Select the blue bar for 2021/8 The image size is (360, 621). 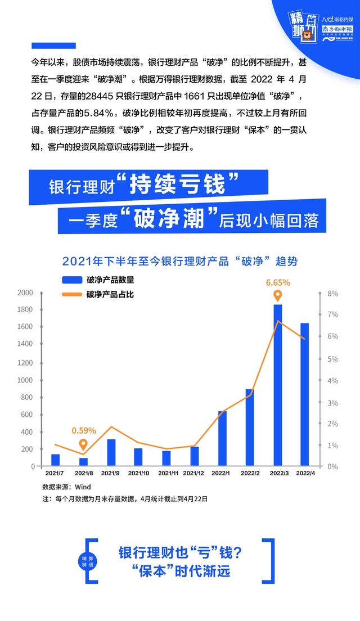(x=83, y=462)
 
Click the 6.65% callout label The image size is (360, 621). (x=278, y=282)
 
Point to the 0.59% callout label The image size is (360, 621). (x=84, y=431)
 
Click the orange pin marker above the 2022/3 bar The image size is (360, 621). (x=278, y=296)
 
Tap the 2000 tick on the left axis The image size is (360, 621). (x=25, y=293)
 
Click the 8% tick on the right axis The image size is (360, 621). (x=332, y=293)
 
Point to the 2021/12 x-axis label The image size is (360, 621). (x=195, y=474)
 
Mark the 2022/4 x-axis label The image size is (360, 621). (x=306, y=474)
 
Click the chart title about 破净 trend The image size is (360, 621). (x=179, y=262)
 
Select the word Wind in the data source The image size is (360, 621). (x=83, y=487)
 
